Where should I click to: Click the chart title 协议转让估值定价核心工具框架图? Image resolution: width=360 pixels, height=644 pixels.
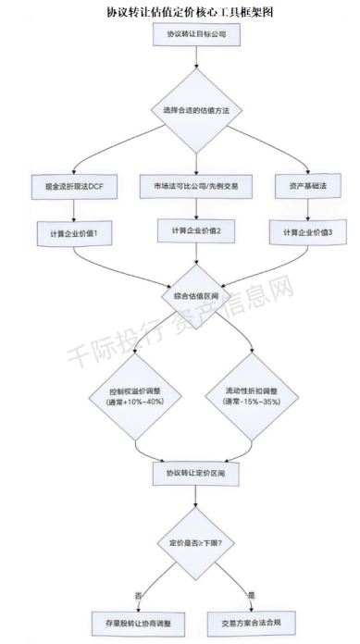coord(190,12)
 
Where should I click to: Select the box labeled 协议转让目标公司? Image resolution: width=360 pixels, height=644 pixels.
coord(196,34)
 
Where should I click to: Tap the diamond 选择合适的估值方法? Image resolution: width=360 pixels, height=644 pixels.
coord(196,110)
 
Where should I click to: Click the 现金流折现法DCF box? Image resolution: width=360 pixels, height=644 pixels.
coord(74,187)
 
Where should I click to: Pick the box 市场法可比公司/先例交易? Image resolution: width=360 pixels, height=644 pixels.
coord(196,186)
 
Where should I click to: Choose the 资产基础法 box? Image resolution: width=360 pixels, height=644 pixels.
coord(308,186)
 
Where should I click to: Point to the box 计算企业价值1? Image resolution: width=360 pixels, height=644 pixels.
coord(74,234)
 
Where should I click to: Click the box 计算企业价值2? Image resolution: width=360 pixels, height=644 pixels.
coord(196,230)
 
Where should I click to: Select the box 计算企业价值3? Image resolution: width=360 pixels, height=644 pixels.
coord(308,232)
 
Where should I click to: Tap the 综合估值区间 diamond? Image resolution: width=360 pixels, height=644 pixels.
coord(195,296)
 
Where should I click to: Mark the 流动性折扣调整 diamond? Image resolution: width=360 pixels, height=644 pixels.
coord(252,396)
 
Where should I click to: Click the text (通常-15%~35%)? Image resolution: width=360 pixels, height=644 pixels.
coord(252,402)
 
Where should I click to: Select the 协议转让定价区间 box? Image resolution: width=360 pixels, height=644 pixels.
coord(195,473)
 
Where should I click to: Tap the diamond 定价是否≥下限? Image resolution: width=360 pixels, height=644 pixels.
coord(195,543)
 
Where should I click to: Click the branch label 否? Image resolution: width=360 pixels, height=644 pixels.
coord(139,595)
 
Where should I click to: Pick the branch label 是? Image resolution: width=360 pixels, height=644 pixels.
coord(250,594)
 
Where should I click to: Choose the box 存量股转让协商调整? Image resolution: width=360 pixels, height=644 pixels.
coord(138,624)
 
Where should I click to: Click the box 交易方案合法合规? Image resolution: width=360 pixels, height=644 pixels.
coord(251,623)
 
